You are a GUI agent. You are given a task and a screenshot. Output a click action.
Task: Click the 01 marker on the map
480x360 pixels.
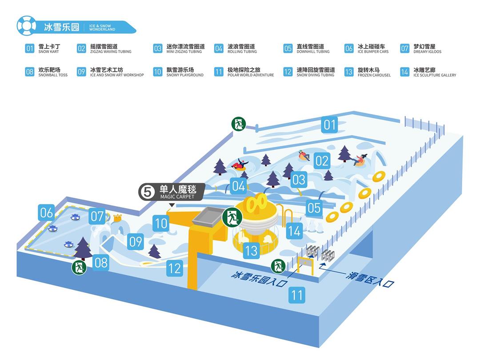(329, 124)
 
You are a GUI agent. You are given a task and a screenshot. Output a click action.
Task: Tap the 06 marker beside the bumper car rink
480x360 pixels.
(47, 213)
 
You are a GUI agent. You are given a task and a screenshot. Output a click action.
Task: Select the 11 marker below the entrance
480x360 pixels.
(297, 295)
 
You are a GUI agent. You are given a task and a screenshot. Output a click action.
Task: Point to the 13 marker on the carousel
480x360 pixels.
(251, 251)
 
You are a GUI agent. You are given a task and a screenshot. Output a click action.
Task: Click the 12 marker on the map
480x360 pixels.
(175, 268)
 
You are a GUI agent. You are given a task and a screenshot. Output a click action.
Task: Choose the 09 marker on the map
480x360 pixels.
(136, 241)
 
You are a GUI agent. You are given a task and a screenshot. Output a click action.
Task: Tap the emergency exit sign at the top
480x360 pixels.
(239, 124)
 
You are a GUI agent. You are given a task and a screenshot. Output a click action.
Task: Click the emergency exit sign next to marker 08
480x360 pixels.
(79, 268)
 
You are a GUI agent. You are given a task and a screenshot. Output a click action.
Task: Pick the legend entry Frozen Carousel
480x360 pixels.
(368, 72)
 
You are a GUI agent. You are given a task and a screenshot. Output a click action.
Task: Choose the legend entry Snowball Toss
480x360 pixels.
(47, 72)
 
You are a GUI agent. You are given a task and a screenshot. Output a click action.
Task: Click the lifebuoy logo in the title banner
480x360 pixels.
(26, 26)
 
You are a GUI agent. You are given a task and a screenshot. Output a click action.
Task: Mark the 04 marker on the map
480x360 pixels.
(239, 186)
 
